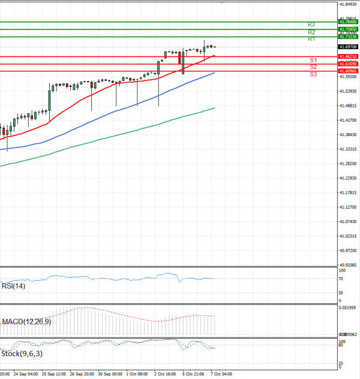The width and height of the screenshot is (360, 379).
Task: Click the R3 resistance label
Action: point(311,25)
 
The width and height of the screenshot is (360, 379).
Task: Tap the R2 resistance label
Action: point(311,32)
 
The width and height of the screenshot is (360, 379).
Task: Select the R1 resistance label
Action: point(311,39)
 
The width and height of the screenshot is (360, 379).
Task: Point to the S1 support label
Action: point(313,61)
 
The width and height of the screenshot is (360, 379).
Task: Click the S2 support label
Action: point(313,67)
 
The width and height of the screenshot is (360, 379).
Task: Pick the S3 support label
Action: point(313,74)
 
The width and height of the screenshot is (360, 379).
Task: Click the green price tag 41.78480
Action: point(348,22)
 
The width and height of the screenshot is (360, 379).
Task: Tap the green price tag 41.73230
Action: point(348,37)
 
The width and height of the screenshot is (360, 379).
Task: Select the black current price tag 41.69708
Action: point(348,47)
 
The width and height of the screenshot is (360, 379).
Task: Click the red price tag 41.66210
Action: point(348,57)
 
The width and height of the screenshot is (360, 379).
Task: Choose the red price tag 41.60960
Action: point(348,71)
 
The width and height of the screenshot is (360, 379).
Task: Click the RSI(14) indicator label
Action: point(13,286)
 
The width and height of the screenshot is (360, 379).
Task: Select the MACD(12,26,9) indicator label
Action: point(26,322)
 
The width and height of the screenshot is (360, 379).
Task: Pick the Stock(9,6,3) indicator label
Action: point(19,354)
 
